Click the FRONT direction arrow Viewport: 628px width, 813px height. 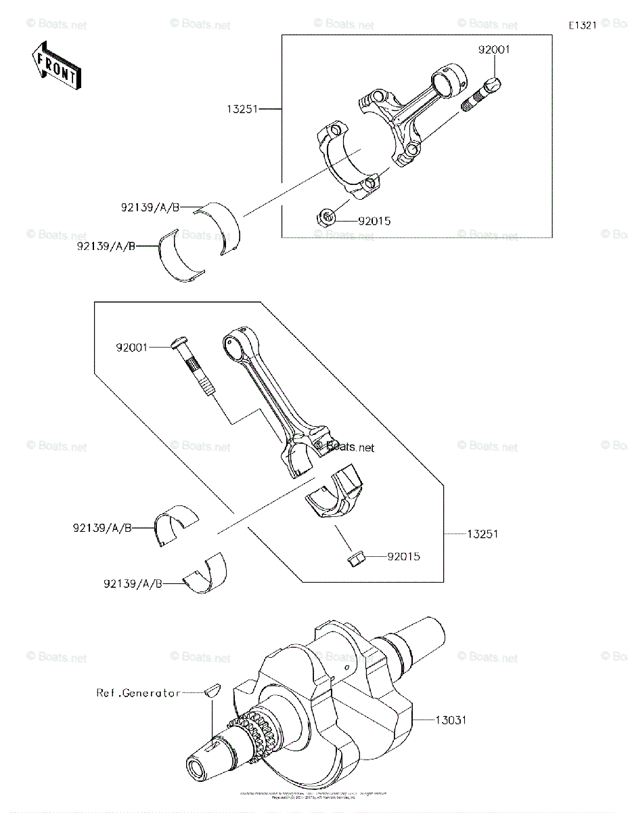click(x=55, y=64)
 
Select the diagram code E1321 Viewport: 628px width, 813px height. click(x=582, y=26)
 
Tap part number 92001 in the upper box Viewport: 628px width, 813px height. click(x=494, y=50)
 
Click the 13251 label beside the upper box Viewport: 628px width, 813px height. click(x=243, y=108)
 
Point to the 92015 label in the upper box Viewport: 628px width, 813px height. click(x=374, y=221)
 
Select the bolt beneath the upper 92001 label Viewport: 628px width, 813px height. click(x=483, y=94)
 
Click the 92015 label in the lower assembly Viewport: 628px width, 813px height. click(x=403, y=557)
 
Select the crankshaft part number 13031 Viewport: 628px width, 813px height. click(x=450, y=720)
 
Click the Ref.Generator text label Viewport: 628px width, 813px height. click(x=138, y=692)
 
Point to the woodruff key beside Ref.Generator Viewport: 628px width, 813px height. click(x=212, y=691)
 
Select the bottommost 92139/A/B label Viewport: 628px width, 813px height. click(x=133, y=583)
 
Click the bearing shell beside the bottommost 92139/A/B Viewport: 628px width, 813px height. click(x=206, y=575)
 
